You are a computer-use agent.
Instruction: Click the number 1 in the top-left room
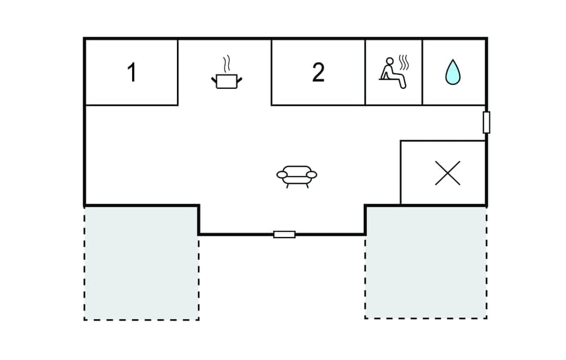pyautogui.click(x=131, y=72)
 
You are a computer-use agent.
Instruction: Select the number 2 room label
pyautogui.click(x=318, y=72)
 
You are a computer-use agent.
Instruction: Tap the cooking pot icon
pyautogui.click(x=226, y=81)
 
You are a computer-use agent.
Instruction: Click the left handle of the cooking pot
pyautogui.click(x=214, y=79)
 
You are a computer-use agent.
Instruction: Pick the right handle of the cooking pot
pyautogui.click(x=239, y=79)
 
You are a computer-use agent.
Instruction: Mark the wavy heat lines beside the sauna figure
pyautogui.click(x=403, y=62)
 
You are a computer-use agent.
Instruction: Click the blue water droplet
pyautogui.click(x=452, y=72)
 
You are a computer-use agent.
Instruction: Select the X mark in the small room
pyautogui.click(x=447, y=173)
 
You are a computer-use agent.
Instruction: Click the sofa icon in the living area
pyautogui.click(x=297, y=176)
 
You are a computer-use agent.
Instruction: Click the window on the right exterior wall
pyautogui.click(x=486, y=122)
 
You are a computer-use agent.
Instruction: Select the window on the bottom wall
pyautogui.click(x=284, y=235)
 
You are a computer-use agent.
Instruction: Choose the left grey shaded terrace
pyautogui.click(x=141, y=263)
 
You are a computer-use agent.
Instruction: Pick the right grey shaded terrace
pyautogui.click(x=426, y=262)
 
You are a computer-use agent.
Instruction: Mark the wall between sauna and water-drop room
pyautogui.click(x=423, y=72)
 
